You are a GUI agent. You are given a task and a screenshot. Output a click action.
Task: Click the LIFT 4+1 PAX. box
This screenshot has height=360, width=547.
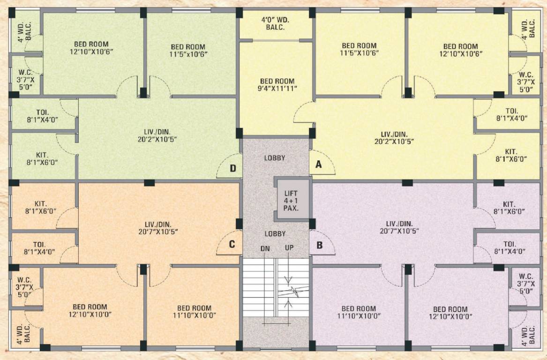point(291,199)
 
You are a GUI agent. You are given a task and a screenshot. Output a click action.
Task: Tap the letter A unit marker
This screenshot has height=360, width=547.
point(319,164)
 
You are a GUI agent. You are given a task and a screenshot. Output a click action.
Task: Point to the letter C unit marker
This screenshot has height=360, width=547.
point(232,244)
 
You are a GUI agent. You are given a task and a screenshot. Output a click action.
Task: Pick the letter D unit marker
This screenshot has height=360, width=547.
point(232,168)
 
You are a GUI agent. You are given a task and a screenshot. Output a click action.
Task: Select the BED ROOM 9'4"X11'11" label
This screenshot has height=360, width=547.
point(277,84)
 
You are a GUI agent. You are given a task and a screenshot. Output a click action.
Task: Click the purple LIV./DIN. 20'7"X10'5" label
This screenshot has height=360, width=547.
point(399,227)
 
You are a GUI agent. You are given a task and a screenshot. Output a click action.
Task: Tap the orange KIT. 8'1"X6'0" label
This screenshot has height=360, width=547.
point(41,208)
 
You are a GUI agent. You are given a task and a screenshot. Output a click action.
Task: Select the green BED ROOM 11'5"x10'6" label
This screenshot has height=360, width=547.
point(188,50)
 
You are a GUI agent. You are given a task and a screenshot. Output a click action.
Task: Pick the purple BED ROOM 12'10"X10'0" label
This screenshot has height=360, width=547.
point(450,313)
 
